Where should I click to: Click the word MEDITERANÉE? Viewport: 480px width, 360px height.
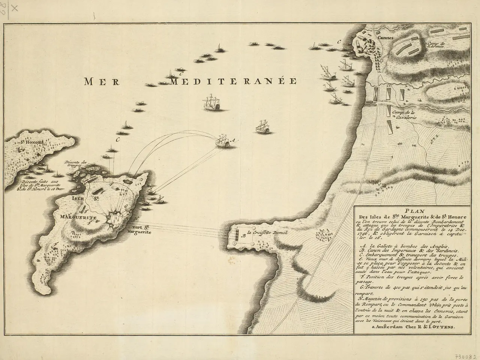[x=233, y=81]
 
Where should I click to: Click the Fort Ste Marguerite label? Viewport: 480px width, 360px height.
[x=141, y=229]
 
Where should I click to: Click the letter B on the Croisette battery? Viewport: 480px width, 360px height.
[x=244, y=236]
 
